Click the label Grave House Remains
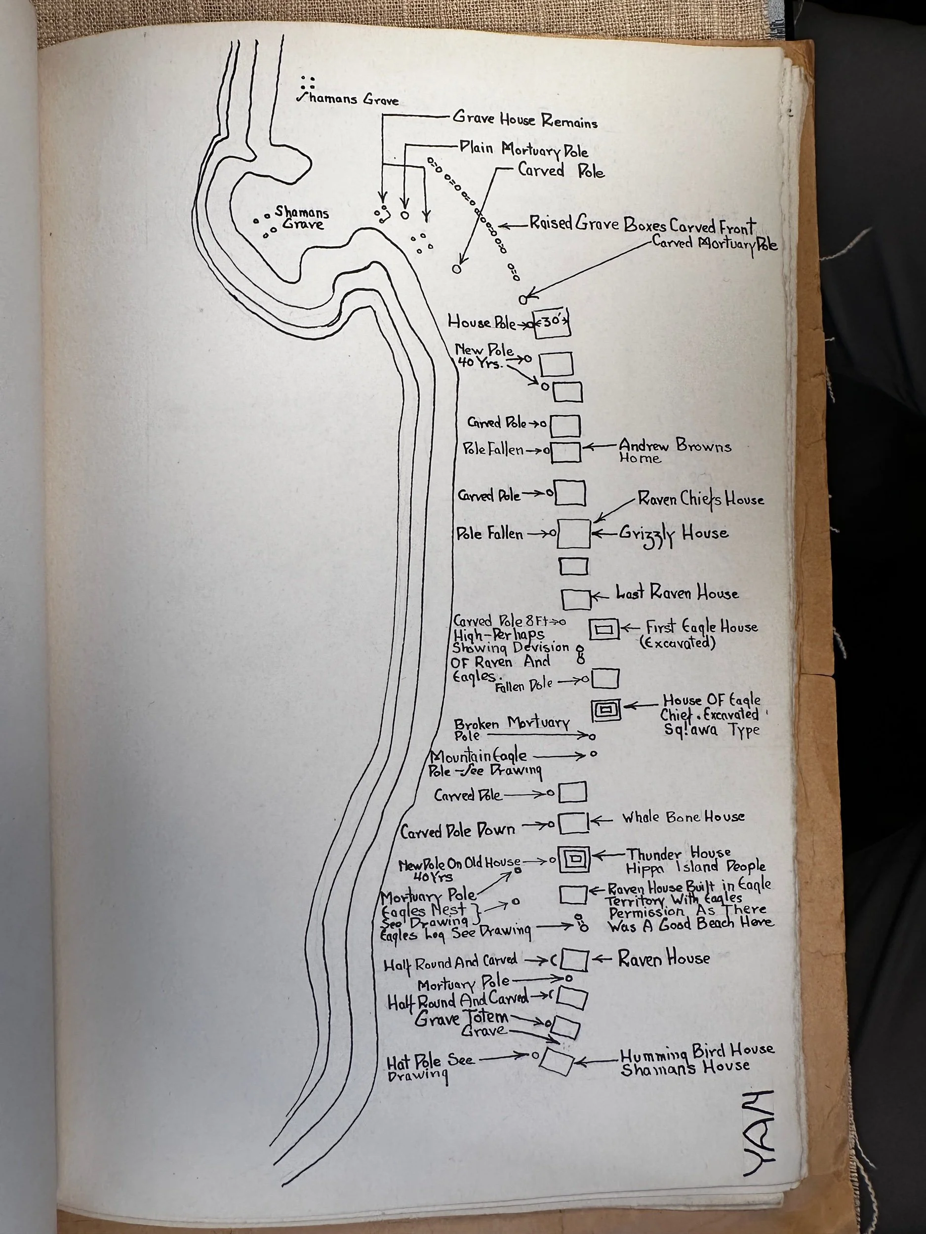pos(524,120)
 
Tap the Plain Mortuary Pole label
pos(523,150)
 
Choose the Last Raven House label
pos(677,593)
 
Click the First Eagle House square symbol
pos(604,629)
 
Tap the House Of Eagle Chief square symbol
pos(606,710)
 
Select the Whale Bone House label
pos(683,817)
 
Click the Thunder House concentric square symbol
pos(574,860)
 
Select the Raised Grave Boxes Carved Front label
pos(642,225)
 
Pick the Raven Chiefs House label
pos(700,500)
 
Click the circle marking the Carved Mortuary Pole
pos(523,300)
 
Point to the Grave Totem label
pos(461,1018)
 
